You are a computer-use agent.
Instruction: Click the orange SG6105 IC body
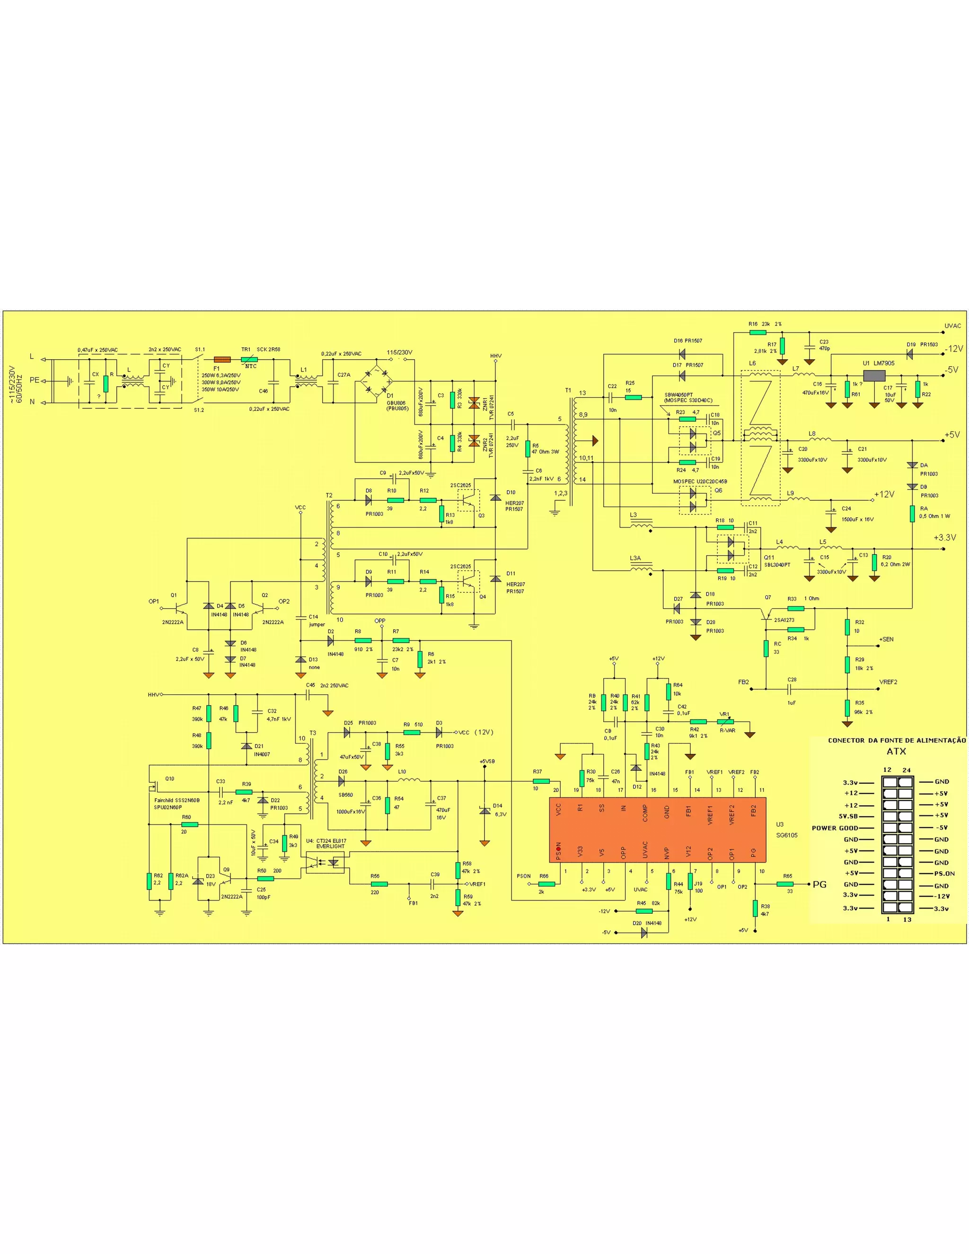pos(658,830)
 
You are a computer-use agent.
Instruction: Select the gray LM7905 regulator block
pos(874,376)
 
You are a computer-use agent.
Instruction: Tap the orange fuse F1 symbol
pos(221,360)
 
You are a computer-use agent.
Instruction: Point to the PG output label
pos(819,884)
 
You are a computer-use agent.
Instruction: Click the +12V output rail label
pos(884,494)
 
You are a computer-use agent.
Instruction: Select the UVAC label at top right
pos(952,326)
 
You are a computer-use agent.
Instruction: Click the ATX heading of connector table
pos(896,751)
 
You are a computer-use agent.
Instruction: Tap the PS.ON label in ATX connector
pos(944,874)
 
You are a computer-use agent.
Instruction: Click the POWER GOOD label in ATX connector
pos(835,828)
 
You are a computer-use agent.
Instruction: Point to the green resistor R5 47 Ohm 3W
pos(528,449)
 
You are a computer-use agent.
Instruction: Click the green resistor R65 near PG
pos(785,884)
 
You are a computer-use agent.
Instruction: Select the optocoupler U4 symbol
pos(325,862)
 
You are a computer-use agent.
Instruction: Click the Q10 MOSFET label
pos(169,778)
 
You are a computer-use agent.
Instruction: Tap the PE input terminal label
pos(35,380)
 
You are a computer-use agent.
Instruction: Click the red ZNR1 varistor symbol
pos(474,403)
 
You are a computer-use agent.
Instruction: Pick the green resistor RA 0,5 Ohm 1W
pos(912,513)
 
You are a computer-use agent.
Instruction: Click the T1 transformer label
pos(568,390)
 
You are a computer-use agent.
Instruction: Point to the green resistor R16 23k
pos(758,332)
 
